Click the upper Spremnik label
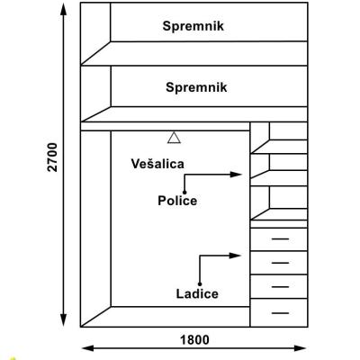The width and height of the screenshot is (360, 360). [x=193, y=26]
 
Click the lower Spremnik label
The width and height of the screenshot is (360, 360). [x=196, y=88]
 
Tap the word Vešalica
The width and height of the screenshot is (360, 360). [x=157, y=164]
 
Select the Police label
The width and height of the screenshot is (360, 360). [x=177, y=201]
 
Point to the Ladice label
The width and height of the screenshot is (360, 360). [x=197, y=293]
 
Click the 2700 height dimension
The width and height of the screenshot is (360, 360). [x=53, y=157]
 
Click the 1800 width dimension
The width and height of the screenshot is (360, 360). [x=194, y=340]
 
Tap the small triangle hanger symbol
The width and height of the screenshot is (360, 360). [x=174, y=138]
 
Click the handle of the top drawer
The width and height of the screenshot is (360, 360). [x=280, y=239]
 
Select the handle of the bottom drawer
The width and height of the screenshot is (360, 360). [x=280, y=313]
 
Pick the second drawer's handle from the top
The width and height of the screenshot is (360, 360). [x=280, y=263]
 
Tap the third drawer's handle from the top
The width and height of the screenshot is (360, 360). [x=280, y=287]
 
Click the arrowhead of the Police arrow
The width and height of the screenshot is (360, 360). [x=236, y=175]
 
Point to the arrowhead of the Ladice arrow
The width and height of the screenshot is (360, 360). [x=236, y=256]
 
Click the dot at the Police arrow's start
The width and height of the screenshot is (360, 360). [x=184, y=193]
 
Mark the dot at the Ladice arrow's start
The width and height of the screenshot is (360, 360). [x=200, y=284]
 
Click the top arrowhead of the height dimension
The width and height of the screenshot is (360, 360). [x=63, y=10]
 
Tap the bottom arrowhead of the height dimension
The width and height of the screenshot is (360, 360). [x=63, y=319]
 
